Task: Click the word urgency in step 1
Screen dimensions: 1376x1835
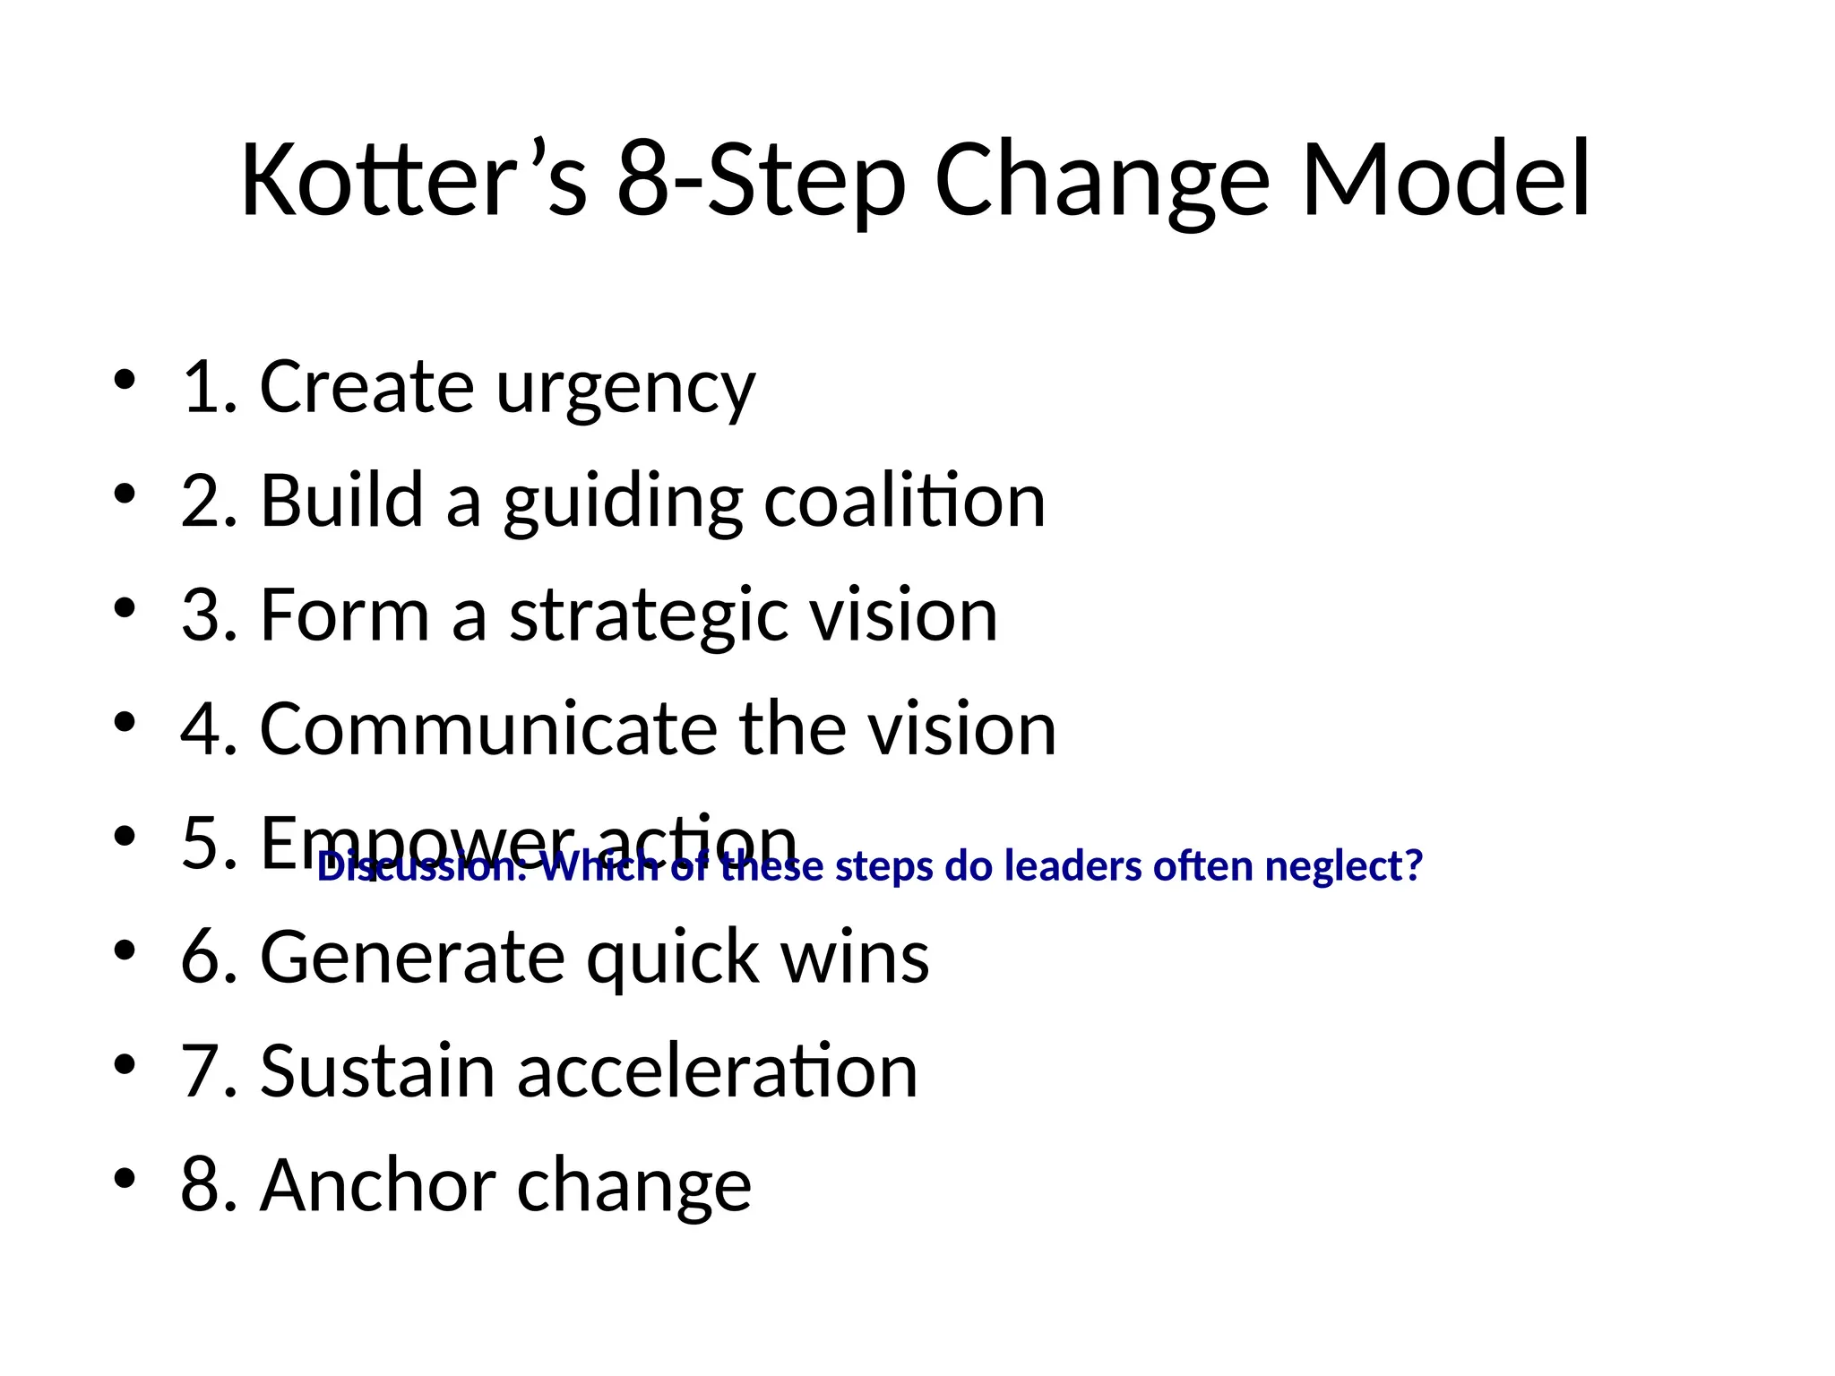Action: click(625, 389)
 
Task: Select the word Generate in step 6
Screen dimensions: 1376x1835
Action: click(411, 957)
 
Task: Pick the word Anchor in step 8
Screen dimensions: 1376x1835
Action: click(377, 1184)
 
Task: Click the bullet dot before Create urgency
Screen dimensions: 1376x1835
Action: click(125, 379)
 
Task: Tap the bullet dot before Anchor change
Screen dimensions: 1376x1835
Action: click(125, 1176)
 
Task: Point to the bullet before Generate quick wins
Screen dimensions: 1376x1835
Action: click(125, 949)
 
